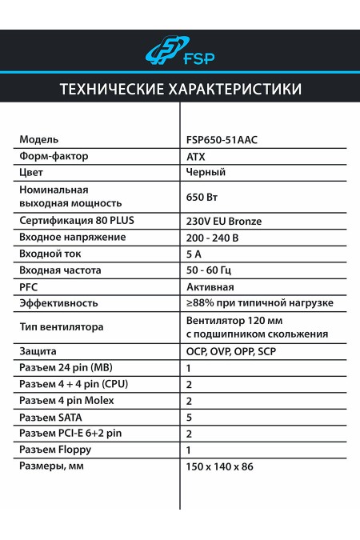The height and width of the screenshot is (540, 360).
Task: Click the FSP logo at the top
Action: click(180, 52)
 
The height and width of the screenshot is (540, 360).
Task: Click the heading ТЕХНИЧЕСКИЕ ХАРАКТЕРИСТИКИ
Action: click(180, 88)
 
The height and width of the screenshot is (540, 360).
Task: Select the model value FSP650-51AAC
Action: click(222, 139)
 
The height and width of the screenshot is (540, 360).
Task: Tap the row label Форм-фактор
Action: click(54, 156)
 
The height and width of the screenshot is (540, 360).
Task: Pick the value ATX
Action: click(195, 156)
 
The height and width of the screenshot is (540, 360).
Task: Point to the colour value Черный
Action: click(206, 172)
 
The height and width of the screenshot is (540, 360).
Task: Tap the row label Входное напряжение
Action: click(73, 238)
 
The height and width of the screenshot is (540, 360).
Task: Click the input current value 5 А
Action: click(194, 254)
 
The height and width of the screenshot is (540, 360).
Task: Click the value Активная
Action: click(210, 286)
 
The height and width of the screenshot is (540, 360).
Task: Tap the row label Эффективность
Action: click(58, 303)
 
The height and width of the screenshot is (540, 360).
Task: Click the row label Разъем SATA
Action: click(51, 417)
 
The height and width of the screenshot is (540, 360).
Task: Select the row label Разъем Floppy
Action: click(55, 450)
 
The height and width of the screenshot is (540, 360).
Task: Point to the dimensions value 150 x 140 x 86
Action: click(219, 466)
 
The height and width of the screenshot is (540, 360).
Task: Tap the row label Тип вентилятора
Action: click(62, 327)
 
